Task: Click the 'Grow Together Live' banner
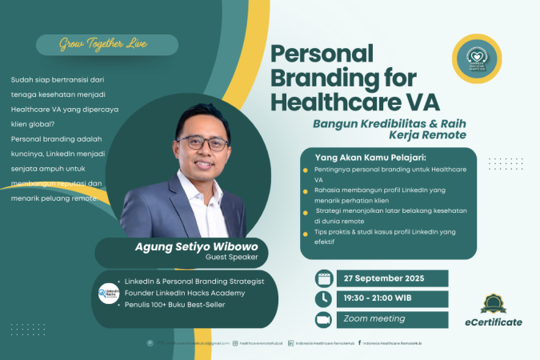click(103, 44)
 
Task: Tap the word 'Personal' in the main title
click(322, 55)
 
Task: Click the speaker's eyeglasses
click(203, 142)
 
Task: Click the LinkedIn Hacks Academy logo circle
click(108, 294)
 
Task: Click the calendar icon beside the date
click(323, 277)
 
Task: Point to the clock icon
click(323, 298)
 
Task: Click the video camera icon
click(323, 320)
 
